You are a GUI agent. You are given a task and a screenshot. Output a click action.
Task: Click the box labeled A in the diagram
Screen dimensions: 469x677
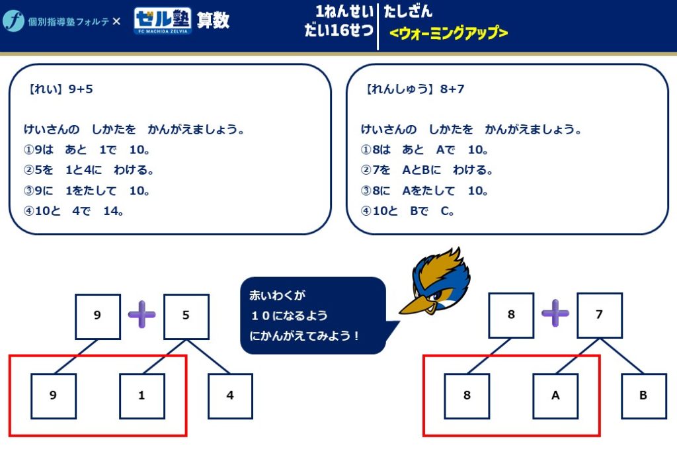click(x=555, y=396)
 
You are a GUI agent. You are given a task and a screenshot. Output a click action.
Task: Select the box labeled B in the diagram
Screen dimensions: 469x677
click(x=643, y=396)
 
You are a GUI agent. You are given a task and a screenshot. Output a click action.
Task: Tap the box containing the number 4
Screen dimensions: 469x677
click(x=230, y=396)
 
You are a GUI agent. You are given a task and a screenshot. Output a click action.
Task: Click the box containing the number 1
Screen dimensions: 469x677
click(x=141, y=396)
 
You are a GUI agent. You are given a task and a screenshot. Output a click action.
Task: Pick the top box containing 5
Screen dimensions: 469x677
click(x=186, y=316)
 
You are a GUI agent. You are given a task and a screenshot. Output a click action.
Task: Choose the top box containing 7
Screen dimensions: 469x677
click(x=600, y=316)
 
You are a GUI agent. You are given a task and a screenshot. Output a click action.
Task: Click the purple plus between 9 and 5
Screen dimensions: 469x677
click(x=141, y=314)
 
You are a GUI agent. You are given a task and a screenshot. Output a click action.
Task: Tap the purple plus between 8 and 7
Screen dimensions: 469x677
click(x=555, y=314)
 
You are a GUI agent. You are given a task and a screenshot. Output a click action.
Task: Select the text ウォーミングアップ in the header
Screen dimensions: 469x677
click(x=449, y=33)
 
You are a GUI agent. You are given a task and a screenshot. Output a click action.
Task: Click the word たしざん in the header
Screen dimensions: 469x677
click(x=408, y=11)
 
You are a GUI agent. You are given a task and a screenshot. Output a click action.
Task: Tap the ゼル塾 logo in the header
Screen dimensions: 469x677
click(x=163, y=21)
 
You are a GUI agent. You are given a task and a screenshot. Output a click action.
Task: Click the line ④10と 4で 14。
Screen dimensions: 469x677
click(x=74, y=212)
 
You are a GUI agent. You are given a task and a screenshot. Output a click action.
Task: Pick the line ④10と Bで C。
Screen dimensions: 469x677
click(x=408, y=212)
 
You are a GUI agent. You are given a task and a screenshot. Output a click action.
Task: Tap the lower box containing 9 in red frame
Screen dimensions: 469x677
click(x=53, y=396)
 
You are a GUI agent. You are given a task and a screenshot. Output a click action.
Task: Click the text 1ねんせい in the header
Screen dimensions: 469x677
click(x=344, y=11)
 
